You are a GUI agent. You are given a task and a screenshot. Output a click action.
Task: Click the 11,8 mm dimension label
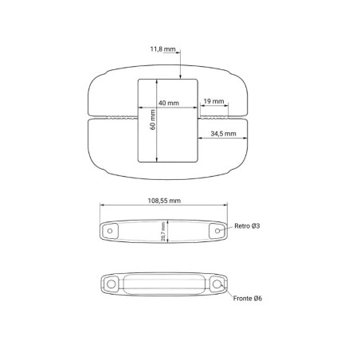click(x=162, y=49)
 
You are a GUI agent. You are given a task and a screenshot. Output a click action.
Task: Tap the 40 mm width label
click(x=169, y=103)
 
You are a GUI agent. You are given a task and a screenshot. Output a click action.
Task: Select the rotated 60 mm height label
click(x=153, y=119)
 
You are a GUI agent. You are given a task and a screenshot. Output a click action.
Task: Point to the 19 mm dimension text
click(x=213, y=101)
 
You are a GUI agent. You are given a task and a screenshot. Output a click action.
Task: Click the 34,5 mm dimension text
click(x=223, y=134)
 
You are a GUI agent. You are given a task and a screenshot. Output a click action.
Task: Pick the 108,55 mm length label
click(x=164, y=201)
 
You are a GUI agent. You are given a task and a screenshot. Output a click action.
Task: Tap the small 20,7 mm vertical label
click(x=163, y=232)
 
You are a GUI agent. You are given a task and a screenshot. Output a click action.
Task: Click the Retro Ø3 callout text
click(x=247, y=226)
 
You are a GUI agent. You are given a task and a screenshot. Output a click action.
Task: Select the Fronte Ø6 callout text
click(x=248, y=299)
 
